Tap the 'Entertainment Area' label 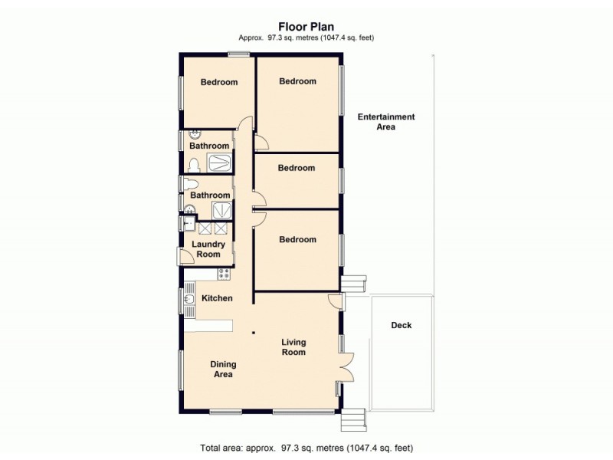point(385,122)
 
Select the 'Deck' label point(402,325)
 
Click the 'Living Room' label point(293,347)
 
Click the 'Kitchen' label point(217,298)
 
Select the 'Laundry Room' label point(208,249)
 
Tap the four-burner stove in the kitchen point(224,274)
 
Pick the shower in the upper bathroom point(221,163)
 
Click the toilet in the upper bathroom point(194,164)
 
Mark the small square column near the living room point(254,332)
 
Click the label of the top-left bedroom point(219,83)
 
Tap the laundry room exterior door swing point(186,258)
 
